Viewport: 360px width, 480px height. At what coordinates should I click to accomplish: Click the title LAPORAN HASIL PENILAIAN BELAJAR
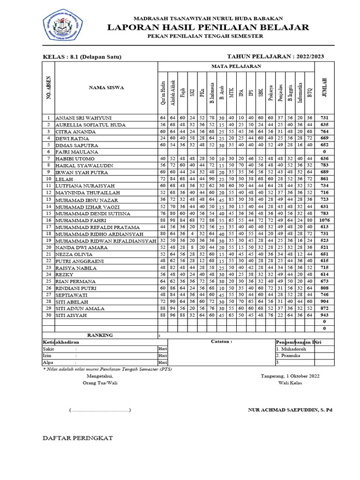coord(208,27)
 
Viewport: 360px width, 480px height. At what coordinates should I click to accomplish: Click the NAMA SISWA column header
coord(106,87)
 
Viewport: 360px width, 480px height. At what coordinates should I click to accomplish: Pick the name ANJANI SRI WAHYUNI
coord(84,118)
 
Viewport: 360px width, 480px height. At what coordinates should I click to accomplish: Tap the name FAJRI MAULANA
coord(77,152)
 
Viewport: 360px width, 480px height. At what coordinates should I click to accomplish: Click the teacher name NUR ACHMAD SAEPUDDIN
coord(290,410)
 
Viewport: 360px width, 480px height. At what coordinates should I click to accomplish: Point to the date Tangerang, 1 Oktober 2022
coord(290,376)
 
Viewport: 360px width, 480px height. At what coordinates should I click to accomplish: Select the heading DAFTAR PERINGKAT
coord(78,438)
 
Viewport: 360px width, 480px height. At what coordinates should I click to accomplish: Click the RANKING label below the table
coord(100,335)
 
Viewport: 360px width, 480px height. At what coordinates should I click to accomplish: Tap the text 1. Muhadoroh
coord(291,349)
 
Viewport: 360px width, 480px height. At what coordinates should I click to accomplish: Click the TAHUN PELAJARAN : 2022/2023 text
coord(275,57)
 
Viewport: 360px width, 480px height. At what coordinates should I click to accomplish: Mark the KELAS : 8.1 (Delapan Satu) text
coord(82,57)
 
